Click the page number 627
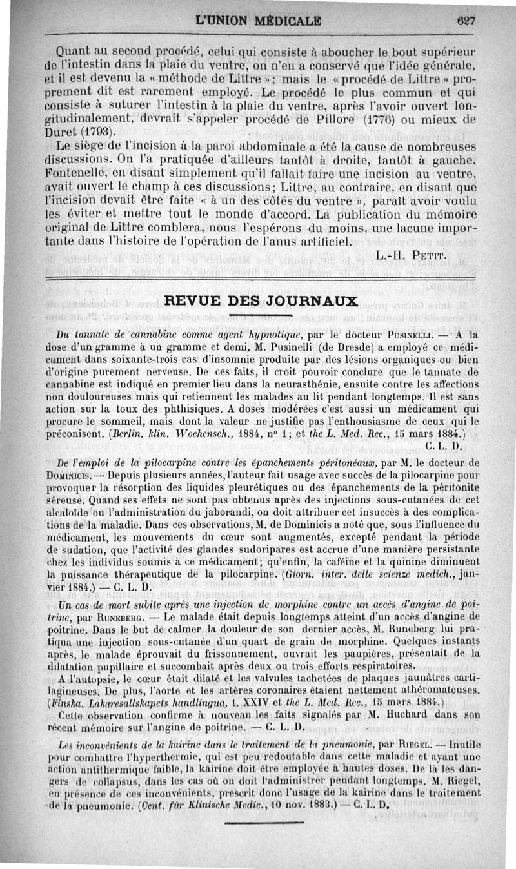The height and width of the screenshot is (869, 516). point(464,19)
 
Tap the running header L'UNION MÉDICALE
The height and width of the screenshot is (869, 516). point(258,20)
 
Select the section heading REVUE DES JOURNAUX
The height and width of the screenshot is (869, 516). point(261,301)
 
